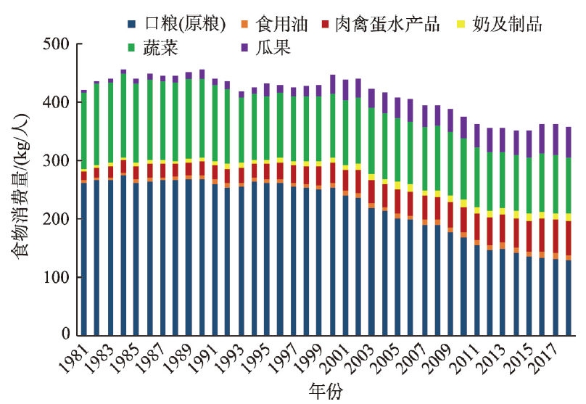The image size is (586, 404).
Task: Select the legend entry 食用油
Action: click(278, 24)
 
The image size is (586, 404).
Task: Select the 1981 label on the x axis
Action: click(73, 355)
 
